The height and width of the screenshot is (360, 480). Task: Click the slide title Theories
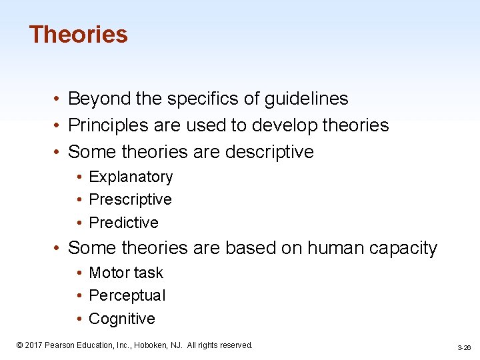pyautogui.click(x=79, y=35)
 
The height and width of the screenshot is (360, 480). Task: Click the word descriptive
pyautogui.click(x=269, y=152)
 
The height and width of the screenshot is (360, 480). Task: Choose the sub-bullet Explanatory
pyautogui.click(x=131, y=177)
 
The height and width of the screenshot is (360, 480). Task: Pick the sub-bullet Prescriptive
pyautogui.click(x=130, y=200)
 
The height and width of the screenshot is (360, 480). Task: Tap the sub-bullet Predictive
pyautogui.click(x=123, y=223)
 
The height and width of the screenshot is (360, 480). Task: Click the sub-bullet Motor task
pyautogui.click(x=125, y=273)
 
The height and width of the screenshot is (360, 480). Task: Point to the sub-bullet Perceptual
pyautogui.click(x=127, y=295)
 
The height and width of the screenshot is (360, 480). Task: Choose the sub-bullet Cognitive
pyautogui.click(x=121, y=319)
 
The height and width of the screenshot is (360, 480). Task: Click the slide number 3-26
pyautogui.click(x=464, y=347)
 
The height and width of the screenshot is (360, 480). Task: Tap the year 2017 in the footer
pyautogui.click(x=34, y=345)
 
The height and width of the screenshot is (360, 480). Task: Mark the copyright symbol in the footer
pyautogui.click(x=20, y=345)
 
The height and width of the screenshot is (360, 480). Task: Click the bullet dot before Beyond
pyautogui.click(x=59, y=99)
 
